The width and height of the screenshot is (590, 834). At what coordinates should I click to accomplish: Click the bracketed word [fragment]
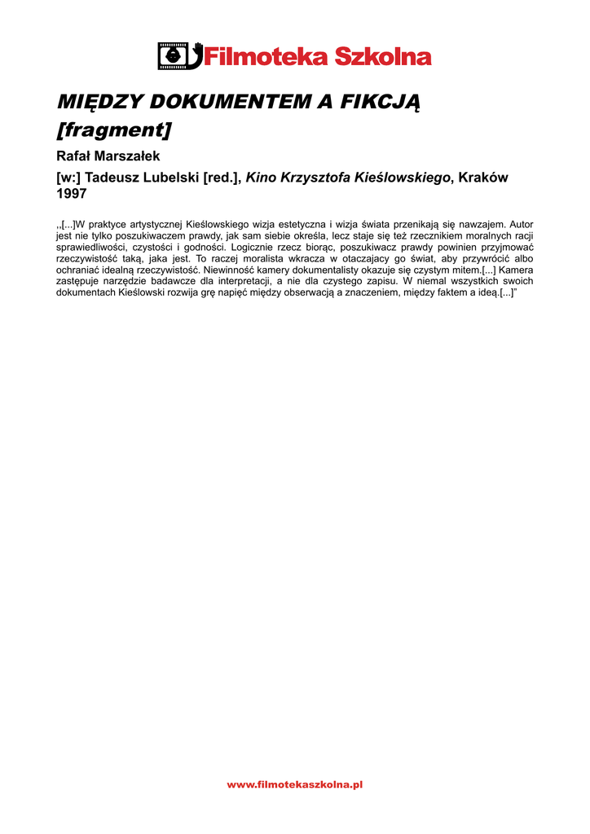coord(113,129)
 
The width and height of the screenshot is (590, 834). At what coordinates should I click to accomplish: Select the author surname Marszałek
coord(126,156)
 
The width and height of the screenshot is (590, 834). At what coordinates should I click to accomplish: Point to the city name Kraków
coord(483,178)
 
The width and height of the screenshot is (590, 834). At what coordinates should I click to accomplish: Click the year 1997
coord(71,194)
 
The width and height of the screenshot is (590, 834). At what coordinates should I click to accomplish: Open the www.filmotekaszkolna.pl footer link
coord(294,784)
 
